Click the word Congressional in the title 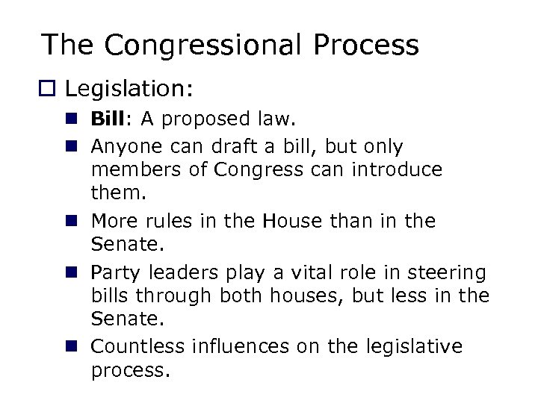(x=202, y=46)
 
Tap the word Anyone (x=125, y=146)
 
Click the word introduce (x=395, y=170)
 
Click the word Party (x=114, y=272)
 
